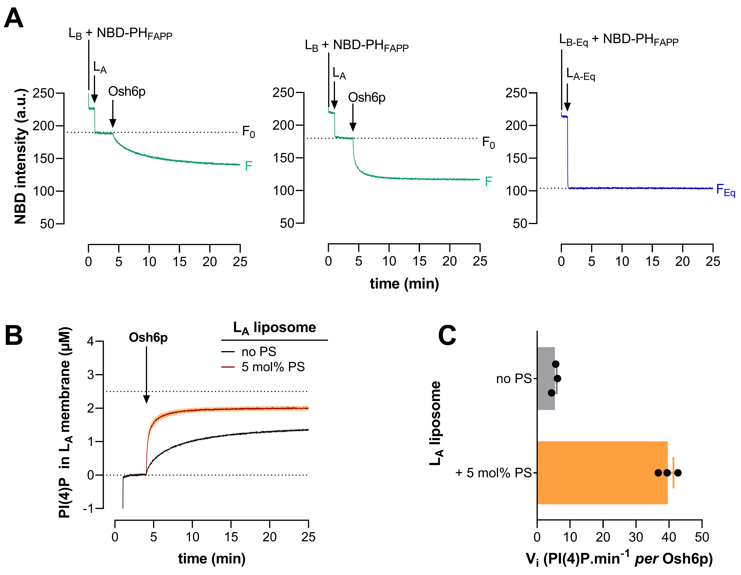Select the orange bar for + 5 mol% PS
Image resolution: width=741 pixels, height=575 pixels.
602,472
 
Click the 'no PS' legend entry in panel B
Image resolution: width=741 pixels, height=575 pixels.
259,352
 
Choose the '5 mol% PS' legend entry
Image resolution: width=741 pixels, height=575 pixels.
273,367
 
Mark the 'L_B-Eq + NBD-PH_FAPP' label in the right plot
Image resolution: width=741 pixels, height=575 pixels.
618,40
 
